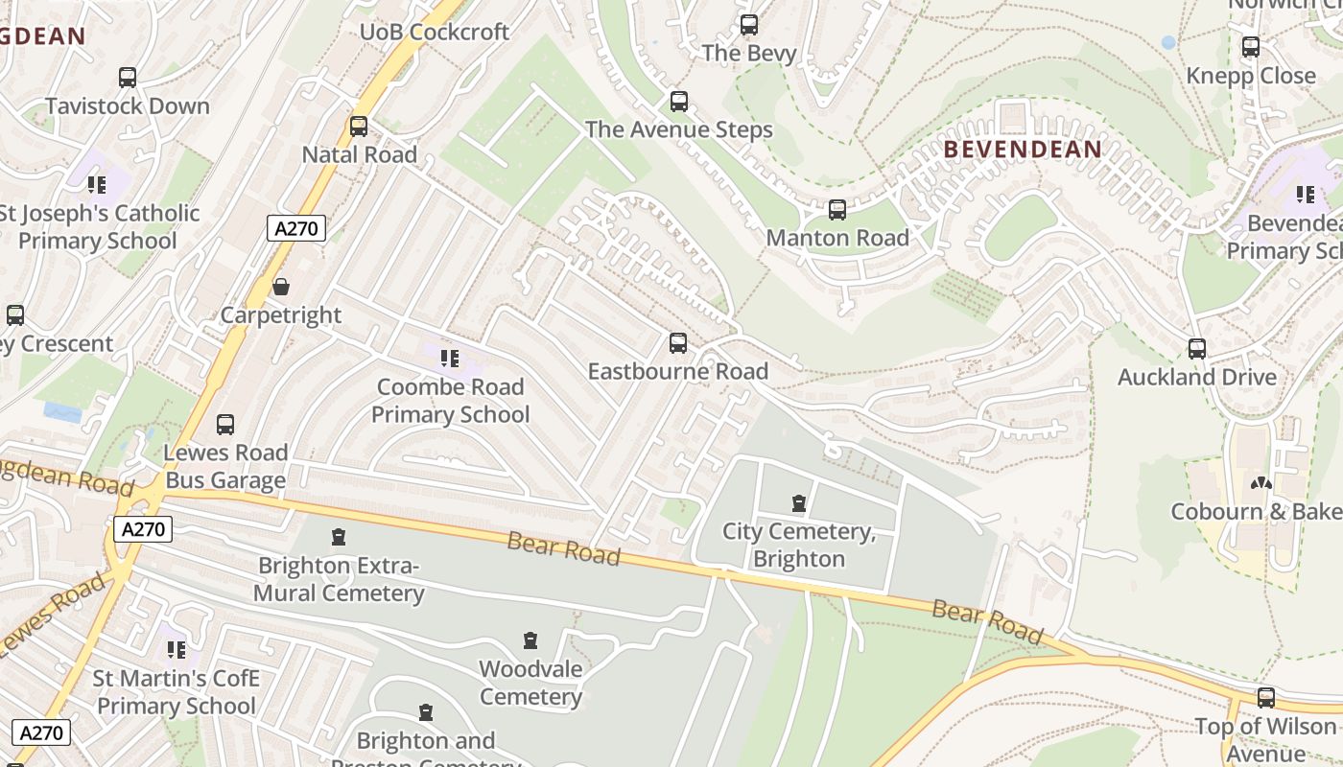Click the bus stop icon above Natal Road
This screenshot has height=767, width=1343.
(359, 127)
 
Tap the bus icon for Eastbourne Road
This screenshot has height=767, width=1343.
(678, 343)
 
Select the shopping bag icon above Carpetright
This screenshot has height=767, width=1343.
(281, 287)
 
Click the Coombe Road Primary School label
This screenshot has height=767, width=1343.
(450, 401)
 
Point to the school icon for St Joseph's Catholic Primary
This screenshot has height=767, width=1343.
(96, 184)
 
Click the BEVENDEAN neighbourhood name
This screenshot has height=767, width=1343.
(1023, 150)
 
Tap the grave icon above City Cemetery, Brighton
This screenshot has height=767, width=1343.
(798, 503)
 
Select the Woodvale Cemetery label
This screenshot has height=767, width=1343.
(530, 682)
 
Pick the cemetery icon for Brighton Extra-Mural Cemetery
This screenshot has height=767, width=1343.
(338, 537)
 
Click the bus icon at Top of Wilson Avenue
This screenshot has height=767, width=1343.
(1266, 698)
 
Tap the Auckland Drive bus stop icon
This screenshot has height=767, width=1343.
(1196, 349)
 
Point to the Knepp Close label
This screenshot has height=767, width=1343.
(1251, 76)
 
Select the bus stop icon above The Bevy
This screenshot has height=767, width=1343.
(749, 25)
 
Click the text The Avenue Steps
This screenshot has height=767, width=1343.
(678, 129)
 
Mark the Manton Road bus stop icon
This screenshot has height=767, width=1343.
(837, 210)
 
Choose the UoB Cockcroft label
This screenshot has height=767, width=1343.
(435, 32)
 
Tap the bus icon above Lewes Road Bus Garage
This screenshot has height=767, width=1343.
(225, 425)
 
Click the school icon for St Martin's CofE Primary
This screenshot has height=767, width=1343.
(176, 651)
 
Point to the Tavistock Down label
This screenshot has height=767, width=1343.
(128, 105)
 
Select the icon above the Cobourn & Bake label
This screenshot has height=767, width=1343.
(1261, 483)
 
